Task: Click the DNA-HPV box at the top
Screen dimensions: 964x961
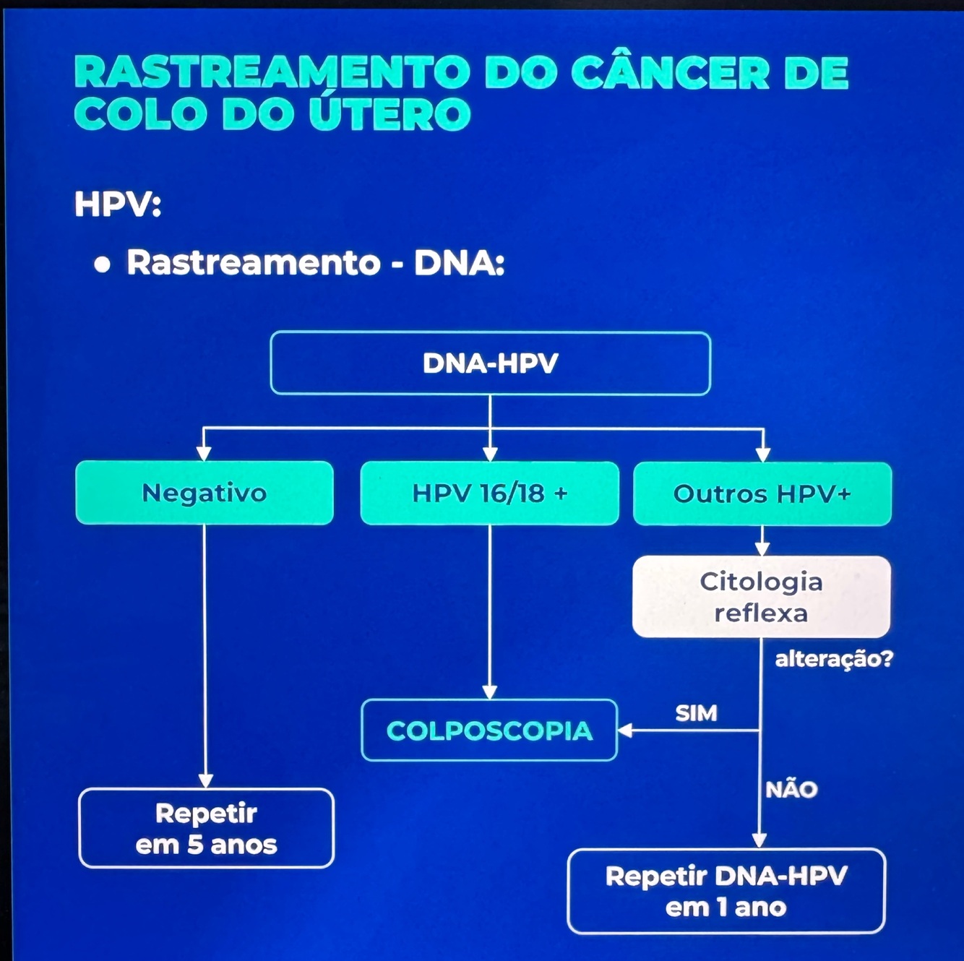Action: (x=490, y=363)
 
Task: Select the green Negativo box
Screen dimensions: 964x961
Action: (x=205, y=493)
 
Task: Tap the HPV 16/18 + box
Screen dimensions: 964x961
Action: (x=489, y=493)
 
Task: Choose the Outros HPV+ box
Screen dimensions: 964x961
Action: (x=762, y=494)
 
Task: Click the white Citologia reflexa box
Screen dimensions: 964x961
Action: (x=761, y=597)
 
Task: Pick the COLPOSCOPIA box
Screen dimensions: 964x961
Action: (x=489, y=731)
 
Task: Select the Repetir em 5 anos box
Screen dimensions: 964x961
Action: (x=206, y=828)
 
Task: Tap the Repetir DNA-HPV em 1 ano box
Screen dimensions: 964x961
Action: (x=726, y=891)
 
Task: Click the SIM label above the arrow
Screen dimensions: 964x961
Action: (x=696, y=713)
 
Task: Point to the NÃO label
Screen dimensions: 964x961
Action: (x=791, y=789)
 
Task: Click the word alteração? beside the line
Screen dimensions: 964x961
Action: (x=833, y=659)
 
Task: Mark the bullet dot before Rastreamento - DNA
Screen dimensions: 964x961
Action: (x=103, y=264)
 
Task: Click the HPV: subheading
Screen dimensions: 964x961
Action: (x=117, y=204)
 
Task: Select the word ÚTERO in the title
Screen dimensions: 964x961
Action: (x=390, y=115)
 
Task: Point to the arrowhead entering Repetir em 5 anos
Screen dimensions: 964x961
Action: (x=205, y=781)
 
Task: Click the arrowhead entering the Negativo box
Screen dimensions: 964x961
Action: (x=204, y=454)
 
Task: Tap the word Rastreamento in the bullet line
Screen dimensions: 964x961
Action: (x=253, y=262)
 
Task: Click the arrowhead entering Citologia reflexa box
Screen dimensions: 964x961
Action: (x=762, y=549)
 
